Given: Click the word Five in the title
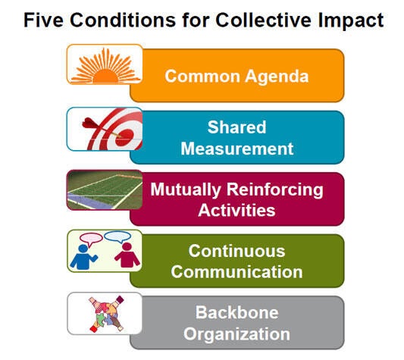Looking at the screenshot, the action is click(x=43, y=20).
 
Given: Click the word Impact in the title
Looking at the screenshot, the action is click(x=351, y=20).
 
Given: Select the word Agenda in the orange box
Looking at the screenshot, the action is click(x=277, y=77).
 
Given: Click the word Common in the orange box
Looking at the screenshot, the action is click(x=202, y=77).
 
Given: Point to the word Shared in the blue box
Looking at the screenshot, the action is click(x=236, y=127).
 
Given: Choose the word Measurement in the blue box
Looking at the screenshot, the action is click(x=237, y=149).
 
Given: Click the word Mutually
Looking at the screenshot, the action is click(x=186, y=190).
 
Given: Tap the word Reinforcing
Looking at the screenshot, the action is click(x=274, y=190).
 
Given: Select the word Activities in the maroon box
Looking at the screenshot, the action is click(x=236, y=210).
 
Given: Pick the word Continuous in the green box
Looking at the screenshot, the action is click(x=236, y=251).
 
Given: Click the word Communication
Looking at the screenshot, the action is click(x=236, y=272).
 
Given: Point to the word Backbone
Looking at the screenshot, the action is click(x=237, y=312).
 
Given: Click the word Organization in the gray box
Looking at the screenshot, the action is click(x=236, y=334).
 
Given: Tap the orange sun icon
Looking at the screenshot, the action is click(x=105, y=66).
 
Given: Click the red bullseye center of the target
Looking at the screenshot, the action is click(x=124, y=136).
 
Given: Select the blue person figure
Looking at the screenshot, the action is click(x=83, y=257).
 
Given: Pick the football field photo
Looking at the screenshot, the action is click(x=105, y=189).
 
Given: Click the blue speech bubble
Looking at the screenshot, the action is click(x=117, y=237).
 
